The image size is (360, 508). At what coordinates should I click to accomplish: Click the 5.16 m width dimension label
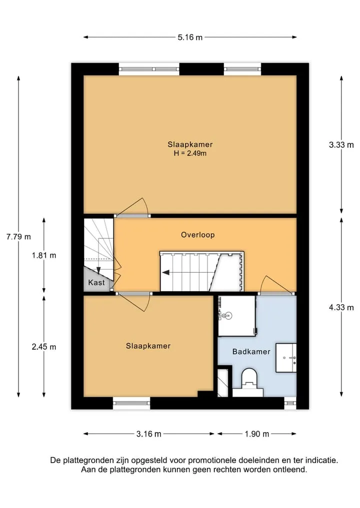[189, 37]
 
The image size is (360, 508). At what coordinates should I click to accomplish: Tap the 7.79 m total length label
[18, 237]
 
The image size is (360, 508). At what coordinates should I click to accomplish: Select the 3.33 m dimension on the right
[341, 145]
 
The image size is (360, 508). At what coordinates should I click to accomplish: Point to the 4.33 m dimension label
[341, 307]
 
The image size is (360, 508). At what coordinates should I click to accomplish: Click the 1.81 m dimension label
[44, 255]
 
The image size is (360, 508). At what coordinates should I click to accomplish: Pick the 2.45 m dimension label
[44, 347]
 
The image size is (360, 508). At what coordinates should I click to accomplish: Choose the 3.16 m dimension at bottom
[148, 434]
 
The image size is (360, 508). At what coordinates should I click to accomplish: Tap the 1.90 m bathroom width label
[257, 434]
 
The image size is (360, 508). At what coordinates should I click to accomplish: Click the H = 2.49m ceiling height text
[190, 153]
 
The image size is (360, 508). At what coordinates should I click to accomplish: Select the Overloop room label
[198, 235]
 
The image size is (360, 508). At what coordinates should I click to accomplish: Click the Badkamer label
[251, 352]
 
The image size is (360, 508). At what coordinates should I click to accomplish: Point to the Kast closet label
[96, 283]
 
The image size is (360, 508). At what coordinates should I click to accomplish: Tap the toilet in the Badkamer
[249, 382]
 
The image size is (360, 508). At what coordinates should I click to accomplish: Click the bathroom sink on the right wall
[286, 358]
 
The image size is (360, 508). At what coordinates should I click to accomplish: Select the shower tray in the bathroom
[237, 316]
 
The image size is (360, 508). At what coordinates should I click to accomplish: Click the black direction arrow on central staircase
[165, 272]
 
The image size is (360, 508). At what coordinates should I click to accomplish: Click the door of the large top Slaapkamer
[133, 207]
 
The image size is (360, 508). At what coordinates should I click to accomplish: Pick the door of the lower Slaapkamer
[134, 302]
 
